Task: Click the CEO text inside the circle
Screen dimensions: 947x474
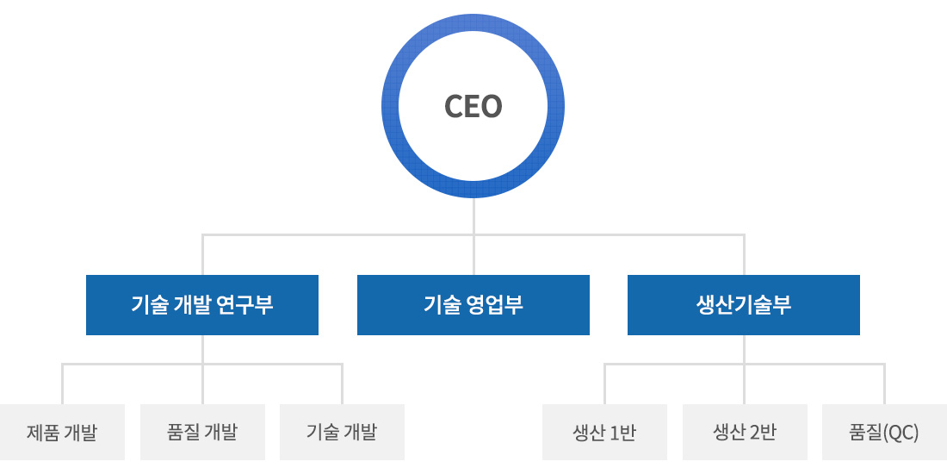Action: click(x=473, y=106)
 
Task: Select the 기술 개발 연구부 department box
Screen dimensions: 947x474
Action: click(x=201, y=305)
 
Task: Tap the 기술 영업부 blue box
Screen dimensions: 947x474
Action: click(x=473, y=305)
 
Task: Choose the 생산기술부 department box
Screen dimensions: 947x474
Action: click(x=744, y=305)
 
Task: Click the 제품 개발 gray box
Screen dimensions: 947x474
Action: click(x=62, y=433)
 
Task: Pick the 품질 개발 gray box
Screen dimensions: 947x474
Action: click(x=202, y=433)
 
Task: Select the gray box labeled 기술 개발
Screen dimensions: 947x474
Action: click(x=342, y=433)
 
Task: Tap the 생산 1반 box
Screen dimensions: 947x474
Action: click(x=604, y=433)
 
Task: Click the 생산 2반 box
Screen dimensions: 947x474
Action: click(x=745, y=433)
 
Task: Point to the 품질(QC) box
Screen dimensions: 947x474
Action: click(x=884, y=433)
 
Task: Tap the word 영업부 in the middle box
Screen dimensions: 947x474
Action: click(x=493, y=305)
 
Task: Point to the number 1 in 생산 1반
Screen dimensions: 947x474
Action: click(x=614, y=433)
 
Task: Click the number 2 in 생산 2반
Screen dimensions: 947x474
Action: click(x=753, y=433)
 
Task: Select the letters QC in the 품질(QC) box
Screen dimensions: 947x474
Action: click(x=901, y=433)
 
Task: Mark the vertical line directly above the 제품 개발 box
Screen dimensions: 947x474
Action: click(x=62, y=384)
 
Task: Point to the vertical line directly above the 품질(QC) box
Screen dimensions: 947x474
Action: click(x=884, y=384)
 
